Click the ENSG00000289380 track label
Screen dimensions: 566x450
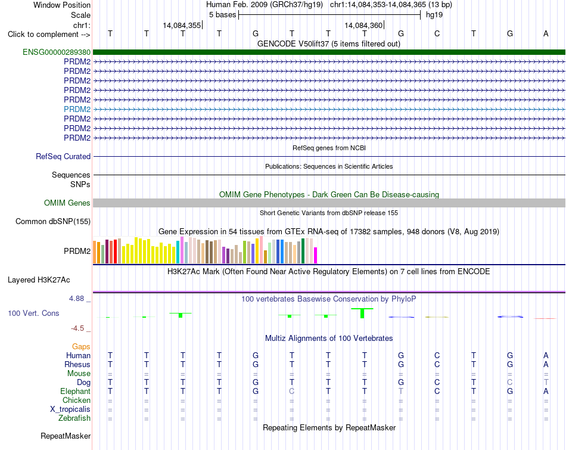coord(57,52)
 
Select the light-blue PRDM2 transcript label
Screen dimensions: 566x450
coord(77,109)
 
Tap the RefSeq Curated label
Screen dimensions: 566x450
coord(63,156)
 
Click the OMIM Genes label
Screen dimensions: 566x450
coord(67,203)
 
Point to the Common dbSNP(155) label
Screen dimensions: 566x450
coord(52,221)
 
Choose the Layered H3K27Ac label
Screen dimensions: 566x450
coord(39,280)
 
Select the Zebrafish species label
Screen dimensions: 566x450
coord(74,418)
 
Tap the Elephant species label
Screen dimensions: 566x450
coord(75,392)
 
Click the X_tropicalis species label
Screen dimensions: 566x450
coord(70,409)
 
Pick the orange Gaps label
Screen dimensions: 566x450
coord(81,347)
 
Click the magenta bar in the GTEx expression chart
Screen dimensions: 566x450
coord(316,255)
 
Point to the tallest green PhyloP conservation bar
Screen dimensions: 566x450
coord(362,314)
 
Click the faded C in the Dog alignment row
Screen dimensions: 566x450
coord(509,382)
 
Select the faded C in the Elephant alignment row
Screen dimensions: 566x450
coord(292,391)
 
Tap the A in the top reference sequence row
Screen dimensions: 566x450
coord(546,33)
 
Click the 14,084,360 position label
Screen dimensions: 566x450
coord(363,25)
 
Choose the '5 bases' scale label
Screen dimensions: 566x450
coord(222,15)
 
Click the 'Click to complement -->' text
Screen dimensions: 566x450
coord(49,35)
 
